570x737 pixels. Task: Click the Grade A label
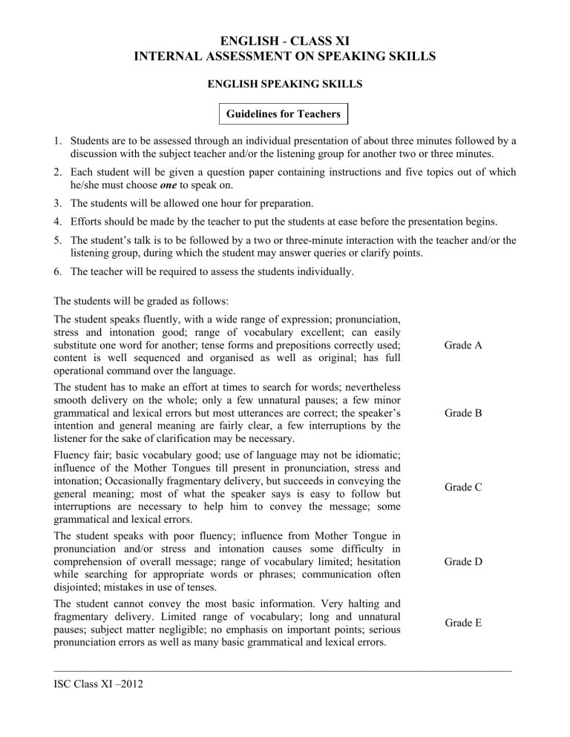tap(463, 345)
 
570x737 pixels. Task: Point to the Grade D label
tap(463, 561)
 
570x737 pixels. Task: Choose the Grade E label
tap(463, 623)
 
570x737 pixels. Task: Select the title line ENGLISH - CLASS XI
tap(285, 37)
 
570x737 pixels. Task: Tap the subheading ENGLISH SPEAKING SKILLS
tap(285, 85)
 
